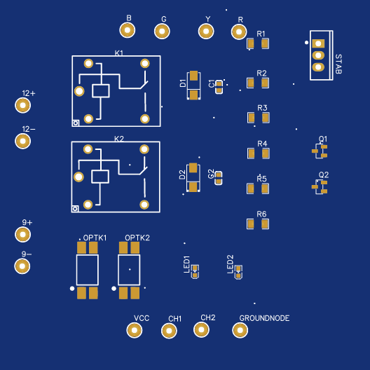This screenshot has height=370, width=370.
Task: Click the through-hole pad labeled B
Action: coord(128,30)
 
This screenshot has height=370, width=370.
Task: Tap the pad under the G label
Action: coord(162,31)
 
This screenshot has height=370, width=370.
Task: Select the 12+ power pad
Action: coord(22,105)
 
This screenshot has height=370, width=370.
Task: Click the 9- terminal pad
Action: coord(22,266)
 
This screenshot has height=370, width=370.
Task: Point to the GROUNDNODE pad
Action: coord(240,330)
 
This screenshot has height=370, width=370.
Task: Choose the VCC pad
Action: coord(135,330)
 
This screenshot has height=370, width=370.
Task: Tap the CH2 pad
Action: coord(201,329)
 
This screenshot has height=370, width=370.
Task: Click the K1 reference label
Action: coord(118,53)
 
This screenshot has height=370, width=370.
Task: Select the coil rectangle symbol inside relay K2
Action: coord(100,177)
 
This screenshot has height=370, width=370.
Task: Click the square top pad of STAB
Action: coord(318,43)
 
